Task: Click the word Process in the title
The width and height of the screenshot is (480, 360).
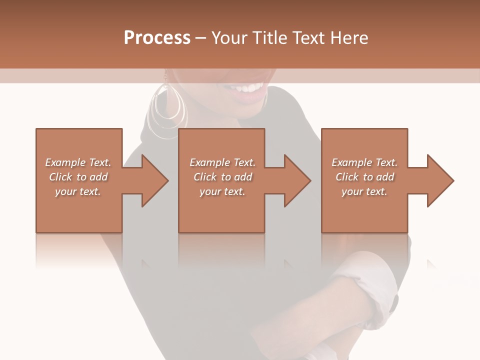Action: coord(157,38)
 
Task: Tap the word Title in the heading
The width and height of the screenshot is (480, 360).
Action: coord(270,38)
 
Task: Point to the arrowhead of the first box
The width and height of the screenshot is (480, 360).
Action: coord(150,180)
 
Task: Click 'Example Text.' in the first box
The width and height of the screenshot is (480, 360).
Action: coord(78,162)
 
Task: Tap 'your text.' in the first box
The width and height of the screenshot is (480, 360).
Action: coord(78,191)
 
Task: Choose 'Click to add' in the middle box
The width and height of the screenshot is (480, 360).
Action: coord(222,177)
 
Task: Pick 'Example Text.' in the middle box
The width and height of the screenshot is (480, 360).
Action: coord(222,162)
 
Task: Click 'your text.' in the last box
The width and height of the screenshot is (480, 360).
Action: coord(364,191)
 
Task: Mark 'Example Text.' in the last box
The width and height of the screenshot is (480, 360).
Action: coord(364,162)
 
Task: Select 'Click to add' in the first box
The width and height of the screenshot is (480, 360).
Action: coord(78,177)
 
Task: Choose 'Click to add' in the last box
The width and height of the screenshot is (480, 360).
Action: coord(364,177)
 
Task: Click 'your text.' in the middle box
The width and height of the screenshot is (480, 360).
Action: coord(222,191)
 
